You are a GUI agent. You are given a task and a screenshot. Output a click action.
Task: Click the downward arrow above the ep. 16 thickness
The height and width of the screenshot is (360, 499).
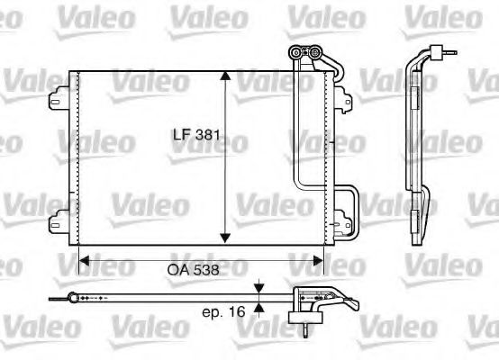259,291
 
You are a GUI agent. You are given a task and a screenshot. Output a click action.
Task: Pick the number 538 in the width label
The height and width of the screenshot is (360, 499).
208,267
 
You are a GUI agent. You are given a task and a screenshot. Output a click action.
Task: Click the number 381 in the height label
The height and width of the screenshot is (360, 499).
209,136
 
